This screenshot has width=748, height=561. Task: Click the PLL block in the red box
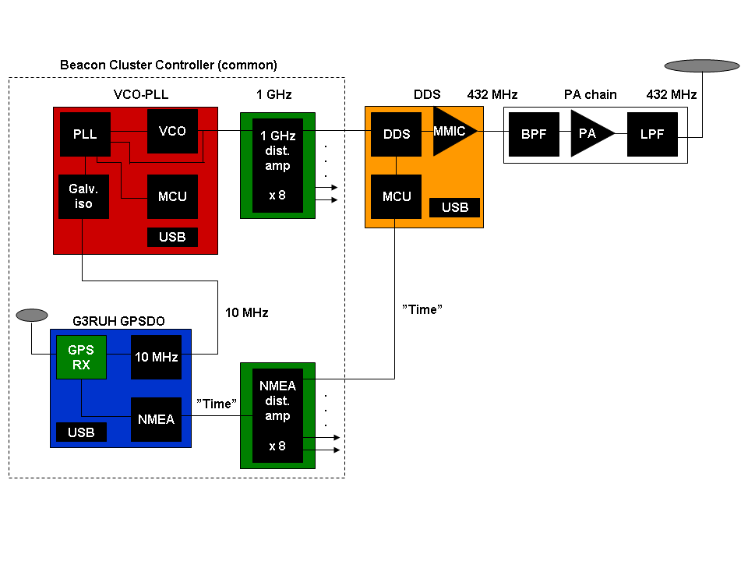click(85, 134)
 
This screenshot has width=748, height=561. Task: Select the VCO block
click(172, 131)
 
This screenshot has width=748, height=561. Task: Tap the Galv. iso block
click(83, 196)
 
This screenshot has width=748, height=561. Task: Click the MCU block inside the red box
click(172, 196)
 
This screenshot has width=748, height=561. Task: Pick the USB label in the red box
click(172, 237)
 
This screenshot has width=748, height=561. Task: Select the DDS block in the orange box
click(396, 134)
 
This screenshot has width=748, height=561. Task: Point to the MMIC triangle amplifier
click(451, 132)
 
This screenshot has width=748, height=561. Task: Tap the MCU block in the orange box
click(396, 196)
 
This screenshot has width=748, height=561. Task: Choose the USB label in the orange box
click(455, 207)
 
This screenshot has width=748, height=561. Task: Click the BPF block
click(535, 133)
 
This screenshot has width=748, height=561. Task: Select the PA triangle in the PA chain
click(589, 133)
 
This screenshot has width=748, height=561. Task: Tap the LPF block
click(652, 133)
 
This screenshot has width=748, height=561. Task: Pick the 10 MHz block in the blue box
click(156, 357)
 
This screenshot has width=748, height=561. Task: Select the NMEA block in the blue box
click(156, 419)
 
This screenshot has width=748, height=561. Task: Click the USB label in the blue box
click(81, 432)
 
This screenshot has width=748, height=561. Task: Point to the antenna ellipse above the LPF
click(701, 66)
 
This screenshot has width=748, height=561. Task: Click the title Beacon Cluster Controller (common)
click(168, 65)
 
